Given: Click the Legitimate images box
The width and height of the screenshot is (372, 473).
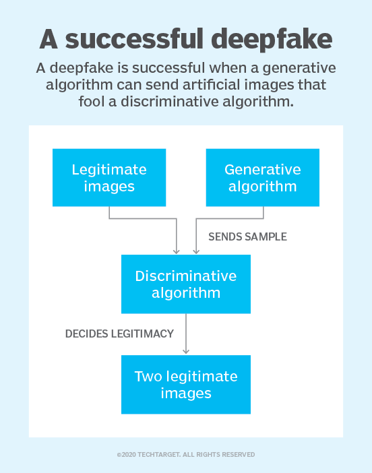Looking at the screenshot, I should coord(109,177).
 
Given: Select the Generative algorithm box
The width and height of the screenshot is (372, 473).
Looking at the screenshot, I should coord(262,177).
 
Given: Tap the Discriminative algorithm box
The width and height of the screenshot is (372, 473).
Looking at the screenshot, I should coord(186,284).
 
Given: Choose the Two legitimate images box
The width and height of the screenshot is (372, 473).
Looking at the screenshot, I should coord(186,384).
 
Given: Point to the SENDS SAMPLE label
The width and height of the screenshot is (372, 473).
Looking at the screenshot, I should coord(247,237).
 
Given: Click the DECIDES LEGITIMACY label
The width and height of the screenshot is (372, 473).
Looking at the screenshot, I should coord(119,334).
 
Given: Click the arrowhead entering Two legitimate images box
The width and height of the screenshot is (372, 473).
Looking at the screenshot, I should coord(186,351).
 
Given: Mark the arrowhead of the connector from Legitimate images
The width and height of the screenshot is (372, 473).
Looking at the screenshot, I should coord(177,251).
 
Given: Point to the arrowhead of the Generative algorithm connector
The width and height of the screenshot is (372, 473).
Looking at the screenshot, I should coord(196,251).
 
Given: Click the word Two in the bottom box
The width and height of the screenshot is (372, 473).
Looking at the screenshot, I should coord(149,376).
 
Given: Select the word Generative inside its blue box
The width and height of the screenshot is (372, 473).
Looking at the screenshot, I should coord(262,169).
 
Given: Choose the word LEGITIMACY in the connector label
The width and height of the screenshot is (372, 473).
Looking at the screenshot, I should coord(144,334).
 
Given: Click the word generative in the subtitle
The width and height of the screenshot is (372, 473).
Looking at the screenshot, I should coord(297,69).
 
